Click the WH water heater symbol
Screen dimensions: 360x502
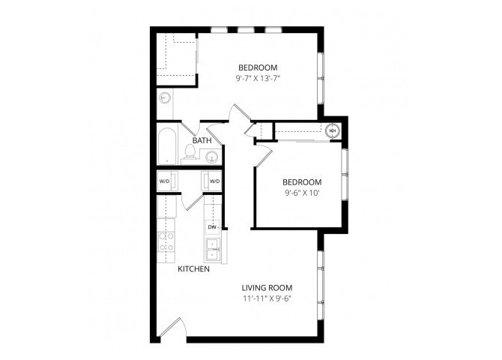pyautogui.click(x=333, y=130)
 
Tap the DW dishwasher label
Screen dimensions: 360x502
pyautogui.click(x=212, y=226)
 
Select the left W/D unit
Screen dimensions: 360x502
pyautogui.click(x=165, y=181)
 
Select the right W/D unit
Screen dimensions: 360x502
pyautogui.click(x=214, y=181)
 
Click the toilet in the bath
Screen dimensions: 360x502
pyautogui.click(x=190, y=154)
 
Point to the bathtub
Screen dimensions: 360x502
pyautogui.click(x=166, y=146)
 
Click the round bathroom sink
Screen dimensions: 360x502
pyautogui.click(x=212, y=157)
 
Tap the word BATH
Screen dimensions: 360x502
pyautogui.click(x=202, y=140)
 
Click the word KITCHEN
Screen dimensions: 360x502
pyautogui.click(x=193, y=268)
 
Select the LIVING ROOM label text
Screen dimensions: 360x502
pyautogui.click(x=266, y=287)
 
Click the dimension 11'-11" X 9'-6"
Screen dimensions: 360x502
pyautogui.click(x=266, y=298)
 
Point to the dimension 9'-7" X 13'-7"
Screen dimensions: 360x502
pyautogui.click(x=258, y=77)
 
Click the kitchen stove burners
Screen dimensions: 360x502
pyautogui.click(x=166, y=241)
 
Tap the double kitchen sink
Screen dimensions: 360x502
pyautogui.click(x=212, y=246)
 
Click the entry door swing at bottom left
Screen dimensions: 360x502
pyautogui.click(x=171, y=330)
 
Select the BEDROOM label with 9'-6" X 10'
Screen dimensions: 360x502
pyautogui.click(x=301, y=181)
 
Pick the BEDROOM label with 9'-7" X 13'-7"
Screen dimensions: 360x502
pyautogui.click(x=258, y=67)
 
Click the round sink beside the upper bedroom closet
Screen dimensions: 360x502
pyautogui.click(x=165, y=98)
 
